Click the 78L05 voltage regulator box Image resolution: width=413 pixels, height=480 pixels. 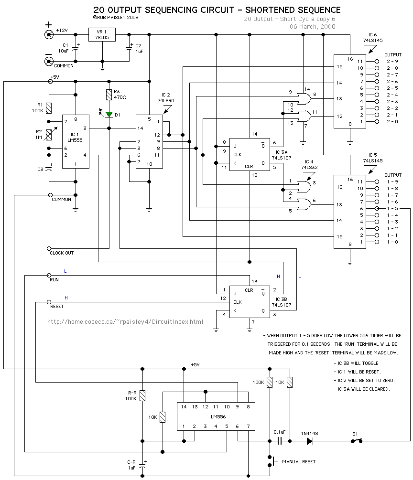(102, 34)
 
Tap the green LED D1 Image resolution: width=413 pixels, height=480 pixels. (109, 114)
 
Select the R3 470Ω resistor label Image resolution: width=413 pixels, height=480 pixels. (120, 94)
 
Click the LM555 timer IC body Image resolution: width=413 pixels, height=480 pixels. (76, 141)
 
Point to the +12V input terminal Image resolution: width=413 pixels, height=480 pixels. (48, 34)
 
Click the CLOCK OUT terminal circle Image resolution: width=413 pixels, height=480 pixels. (49, 248)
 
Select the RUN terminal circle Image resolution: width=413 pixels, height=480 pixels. (49, 275)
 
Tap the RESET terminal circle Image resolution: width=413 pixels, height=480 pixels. (49, 302)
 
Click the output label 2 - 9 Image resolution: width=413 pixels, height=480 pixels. (392, 62)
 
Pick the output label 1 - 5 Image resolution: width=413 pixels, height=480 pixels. (392, 209)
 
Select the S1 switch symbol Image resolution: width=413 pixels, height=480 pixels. (356, 440)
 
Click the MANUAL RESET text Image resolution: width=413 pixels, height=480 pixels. (298, 462)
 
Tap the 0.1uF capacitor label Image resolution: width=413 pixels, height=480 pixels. (280, 433)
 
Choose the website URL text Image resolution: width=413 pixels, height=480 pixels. (125, 322)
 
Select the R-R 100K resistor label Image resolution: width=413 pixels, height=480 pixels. (130, 395)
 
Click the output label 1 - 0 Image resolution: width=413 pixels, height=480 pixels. (392, 242)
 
